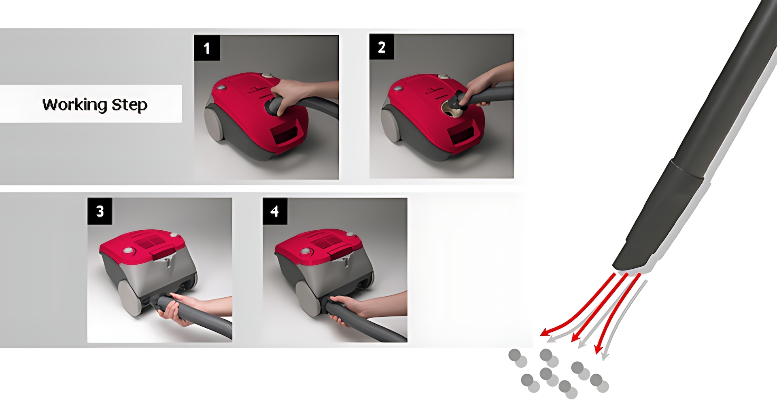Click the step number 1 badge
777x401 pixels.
tap(207, 48)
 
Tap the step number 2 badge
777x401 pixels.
tap(382, 47)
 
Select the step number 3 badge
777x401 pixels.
tap(100, 211)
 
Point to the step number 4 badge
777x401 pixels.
tap(275, 211)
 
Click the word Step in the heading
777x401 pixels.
tap(129, 105)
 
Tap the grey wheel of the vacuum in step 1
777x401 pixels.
tap(214, 123)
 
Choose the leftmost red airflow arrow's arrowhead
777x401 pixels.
tap(546, 332)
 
